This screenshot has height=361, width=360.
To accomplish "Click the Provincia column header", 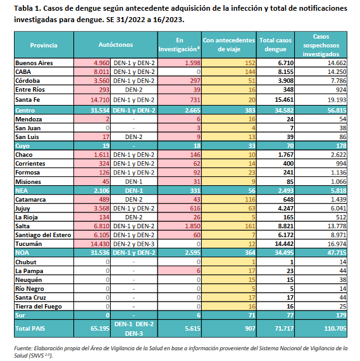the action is click(44, 45).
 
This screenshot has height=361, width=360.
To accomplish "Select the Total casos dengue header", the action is click(275, 45).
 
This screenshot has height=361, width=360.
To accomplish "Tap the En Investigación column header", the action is click(180, 45).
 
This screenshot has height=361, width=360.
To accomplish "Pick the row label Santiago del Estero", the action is click(43, 235).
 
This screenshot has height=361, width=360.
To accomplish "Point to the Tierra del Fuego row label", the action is click(39, 307).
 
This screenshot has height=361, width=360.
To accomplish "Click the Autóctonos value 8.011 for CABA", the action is click(102, 72).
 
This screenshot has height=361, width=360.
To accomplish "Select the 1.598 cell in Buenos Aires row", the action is click(192, 63).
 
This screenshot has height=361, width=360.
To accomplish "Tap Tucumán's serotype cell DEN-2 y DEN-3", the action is click(134, 244).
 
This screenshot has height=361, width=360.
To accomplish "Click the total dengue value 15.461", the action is click(284, 100).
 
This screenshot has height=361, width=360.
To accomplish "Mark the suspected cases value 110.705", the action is click(335, 328).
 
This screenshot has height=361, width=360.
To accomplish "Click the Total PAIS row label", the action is click(30, 328).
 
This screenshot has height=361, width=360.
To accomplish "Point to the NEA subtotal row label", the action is click(22, 191).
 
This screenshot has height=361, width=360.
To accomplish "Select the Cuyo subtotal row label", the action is click(23, 146).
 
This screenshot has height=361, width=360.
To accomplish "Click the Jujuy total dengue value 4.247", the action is click(286, 209).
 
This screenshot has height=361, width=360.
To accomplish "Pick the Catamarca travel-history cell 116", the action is click(250, 199).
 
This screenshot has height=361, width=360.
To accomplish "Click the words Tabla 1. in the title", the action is click(27, 8).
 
